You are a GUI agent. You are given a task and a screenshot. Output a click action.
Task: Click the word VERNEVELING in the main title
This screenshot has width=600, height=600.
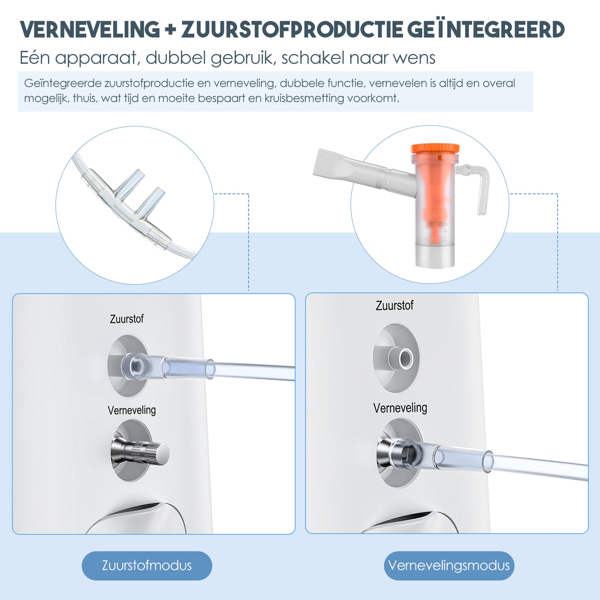tap(90, 30)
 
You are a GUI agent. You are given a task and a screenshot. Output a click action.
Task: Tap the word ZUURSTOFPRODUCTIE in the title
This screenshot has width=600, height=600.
tap(292, 30)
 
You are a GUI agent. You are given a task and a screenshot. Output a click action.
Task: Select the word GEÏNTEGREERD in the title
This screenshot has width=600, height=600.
tap(486, 30)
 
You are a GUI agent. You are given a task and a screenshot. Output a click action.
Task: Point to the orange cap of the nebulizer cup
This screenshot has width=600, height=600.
tap(434, 148)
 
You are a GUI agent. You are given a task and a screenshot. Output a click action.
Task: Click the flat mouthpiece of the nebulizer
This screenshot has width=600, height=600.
tap(336, 166)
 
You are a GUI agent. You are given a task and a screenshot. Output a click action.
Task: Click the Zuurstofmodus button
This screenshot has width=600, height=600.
tap(147, 565)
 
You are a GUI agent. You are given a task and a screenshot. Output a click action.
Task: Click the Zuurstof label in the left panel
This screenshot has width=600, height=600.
tap(127, 319)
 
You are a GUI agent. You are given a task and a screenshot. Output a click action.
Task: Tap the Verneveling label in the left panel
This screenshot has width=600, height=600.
tap(132, 410)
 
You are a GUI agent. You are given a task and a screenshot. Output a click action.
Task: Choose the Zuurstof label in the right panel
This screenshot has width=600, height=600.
tap(394, 306)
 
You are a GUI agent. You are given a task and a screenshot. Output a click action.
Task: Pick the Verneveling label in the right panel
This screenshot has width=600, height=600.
tap(400, 408)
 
